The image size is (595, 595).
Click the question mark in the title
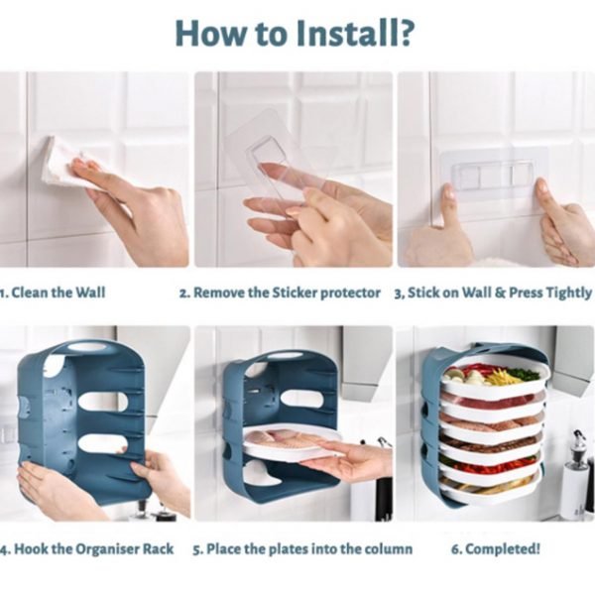[403, 33]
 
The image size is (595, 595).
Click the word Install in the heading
[343, 33]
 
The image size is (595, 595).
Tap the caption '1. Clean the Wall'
[53, 293]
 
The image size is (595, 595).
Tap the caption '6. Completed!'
[495, 548]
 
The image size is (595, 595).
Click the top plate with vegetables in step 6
[493, 376]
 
